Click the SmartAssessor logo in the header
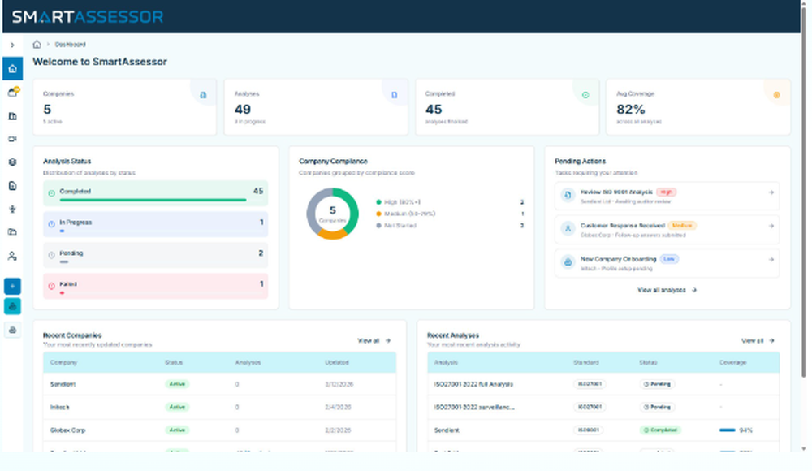(x=87, y=16)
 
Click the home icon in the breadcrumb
(x=37, y=45)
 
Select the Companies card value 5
(x=47, y=110)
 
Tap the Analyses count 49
(x=242, y=110)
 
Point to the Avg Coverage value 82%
(x=631, y=110)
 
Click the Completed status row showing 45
(x=154, y=192)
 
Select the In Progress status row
(x=154, y=223)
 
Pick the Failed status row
(x=154, y=285)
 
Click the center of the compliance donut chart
(x=332, y=214)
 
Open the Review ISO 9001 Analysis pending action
(x=666, y=196)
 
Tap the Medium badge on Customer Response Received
(x=682, y=225)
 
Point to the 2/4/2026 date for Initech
(x=337, y=407)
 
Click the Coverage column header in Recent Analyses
(x=733, y=362)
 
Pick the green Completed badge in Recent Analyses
(x=661, y=430)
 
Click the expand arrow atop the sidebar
(x=12, y=45)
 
